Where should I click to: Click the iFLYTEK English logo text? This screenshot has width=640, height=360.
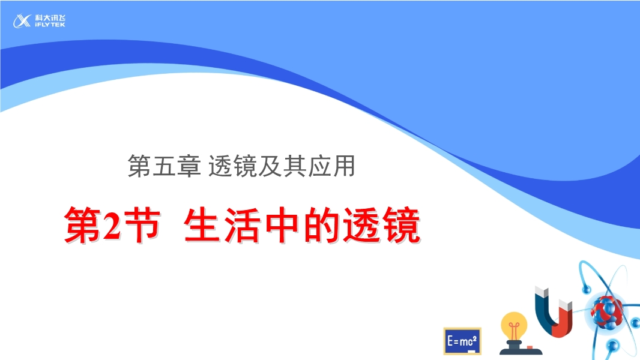coord(50,25)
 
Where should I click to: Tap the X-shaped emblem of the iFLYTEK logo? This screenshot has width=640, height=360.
coord(22,21)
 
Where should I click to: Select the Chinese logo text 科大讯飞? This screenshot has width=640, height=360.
coord(50,18)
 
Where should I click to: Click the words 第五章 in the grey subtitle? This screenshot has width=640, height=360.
coord(164,166)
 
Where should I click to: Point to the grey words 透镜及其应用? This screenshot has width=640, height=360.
coord(282,166)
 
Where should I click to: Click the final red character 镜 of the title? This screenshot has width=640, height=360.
coord(401,225)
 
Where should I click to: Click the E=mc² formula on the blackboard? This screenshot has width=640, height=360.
coord(462,340)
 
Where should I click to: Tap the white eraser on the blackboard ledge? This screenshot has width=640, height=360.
coord(471,351)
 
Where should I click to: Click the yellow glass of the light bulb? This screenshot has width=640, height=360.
coord(513,326)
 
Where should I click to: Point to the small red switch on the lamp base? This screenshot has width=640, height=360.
coord(530,348)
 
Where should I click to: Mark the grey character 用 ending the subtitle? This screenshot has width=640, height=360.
coord(343,166)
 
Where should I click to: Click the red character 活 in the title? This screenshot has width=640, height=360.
coord(241,225)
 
